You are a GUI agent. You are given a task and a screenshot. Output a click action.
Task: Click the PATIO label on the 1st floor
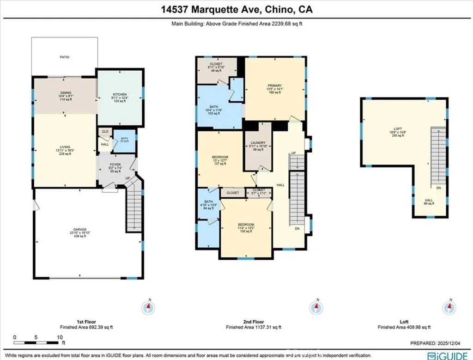64,57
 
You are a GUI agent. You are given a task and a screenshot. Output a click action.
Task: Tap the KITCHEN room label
120,95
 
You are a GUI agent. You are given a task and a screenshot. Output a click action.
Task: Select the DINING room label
66,93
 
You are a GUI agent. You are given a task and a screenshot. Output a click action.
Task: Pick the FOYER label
115,164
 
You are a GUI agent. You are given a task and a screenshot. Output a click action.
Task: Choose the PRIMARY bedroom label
274,85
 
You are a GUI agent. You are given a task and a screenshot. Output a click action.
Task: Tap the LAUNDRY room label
257,143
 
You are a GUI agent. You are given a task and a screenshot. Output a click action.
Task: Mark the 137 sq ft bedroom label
220,157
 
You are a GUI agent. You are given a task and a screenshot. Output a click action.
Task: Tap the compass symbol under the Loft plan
450,306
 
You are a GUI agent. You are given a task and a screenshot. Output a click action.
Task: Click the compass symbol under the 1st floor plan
149,306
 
